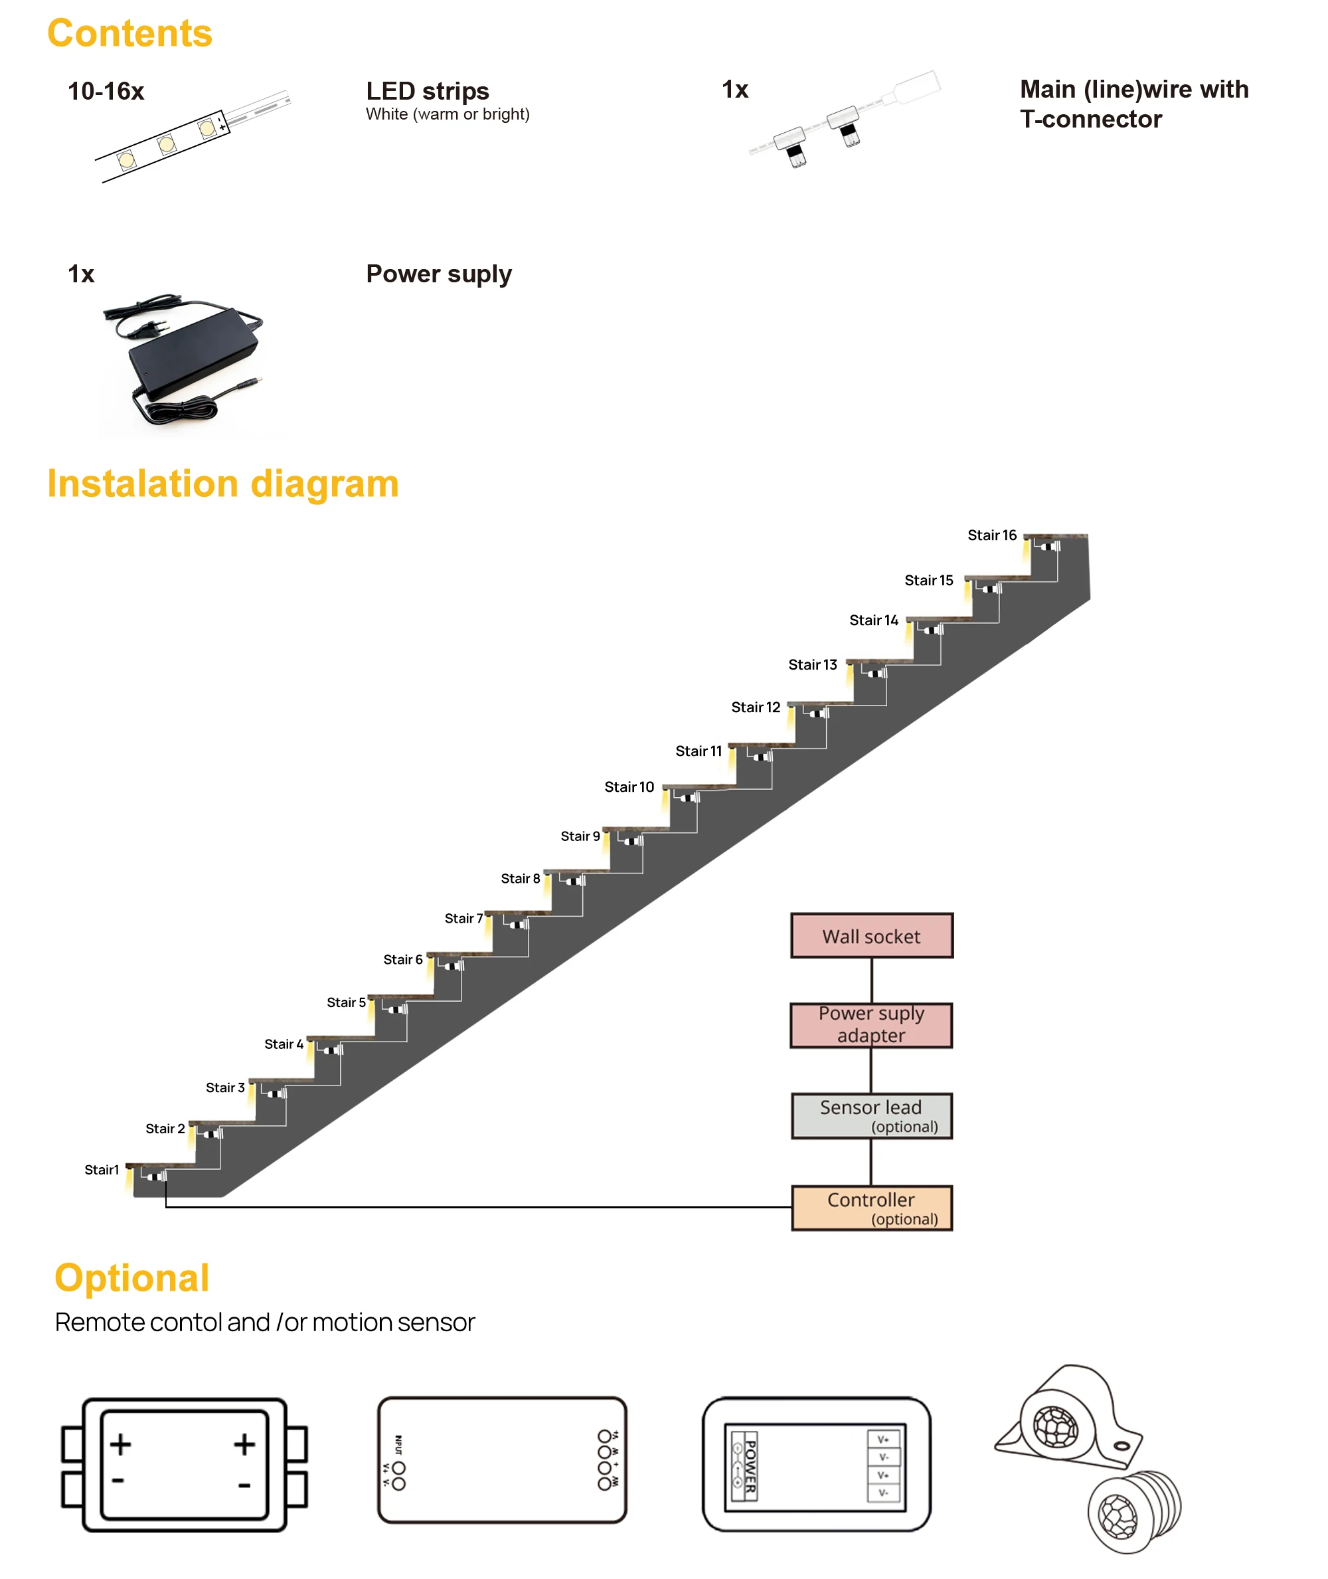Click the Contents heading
129,34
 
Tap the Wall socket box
871,936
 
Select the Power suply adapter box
871,1025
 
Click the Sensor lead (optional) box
871,1115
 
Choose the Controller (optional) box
871,1208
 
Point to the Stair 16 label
991,535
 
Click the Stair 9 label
580,836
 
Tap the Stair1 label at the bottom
102,1169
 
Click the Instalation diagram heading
223,484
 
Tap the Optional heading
131,1279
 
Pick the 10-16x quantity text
106,91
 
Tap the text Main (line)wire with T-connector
1133,104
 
